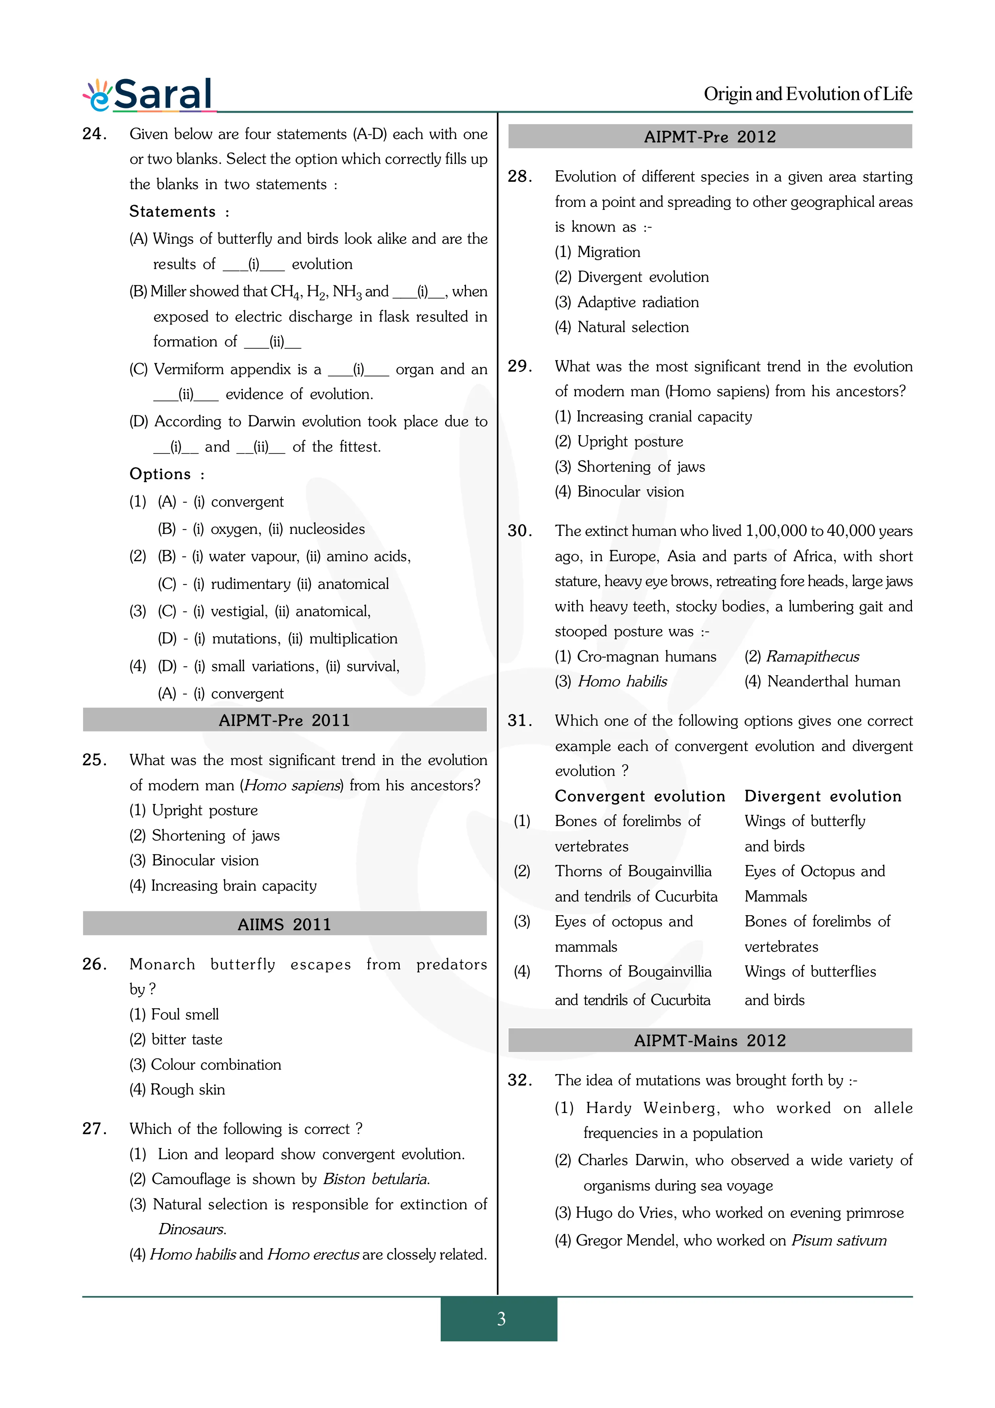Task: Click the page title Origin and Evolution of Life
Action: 808,94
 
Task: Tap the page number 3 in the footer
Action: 501,1318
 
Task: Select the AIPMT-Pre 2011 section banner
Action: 285,720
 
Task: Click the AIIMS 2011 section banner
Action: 285,924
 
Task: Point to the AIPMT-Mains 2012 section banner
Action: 710,1041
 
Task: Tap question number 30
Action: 520,531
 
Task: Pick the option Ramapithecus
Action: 812,657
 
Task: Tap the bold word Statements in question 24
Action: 172,212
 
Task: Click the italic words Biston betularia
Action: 376,1179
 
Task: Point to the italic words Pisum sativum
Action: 839,1241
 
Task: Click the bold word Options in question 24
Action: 160,474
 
